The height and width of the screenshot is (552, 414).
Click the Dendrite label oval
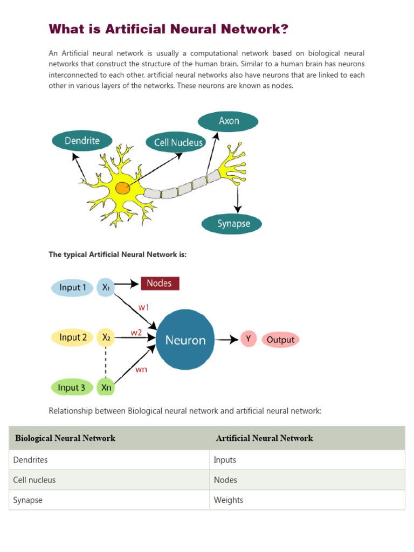[x=82, y=141]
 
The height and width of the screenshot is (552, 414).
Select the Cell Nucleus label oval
[x=175, y=142]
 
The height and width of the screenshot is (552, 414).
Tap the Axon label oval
[x=228, y=121]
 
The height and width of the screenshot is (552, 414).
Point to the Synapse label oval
[x=232, y=223]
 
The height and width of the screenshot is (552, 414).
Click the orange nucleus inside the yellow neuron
[x=122, y=189]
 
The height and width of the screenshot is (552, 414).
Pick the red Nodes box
[x=160, y=284]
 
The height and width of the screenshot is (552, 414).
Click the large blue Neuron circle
[x=185, y=340]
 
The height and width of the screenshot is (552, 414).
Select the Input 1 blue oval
[x=72, y=288]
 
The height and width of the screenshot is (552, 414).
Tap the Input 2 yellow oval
[x=73, y=337]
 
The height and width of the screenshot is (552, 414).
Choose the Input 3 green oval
[x=72, y=388]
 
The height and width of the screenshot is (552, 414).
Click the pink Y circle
[x=249, y=339]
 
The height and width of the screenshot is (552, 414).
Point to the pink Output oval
[x=280, y=340]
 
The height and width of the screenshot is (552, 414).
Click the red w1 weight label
[x=143, y=307]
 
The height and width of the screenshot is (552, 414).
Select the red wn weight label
[x=141, y=370]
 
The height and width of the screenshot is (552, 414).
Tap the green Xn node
[x=106, y=388]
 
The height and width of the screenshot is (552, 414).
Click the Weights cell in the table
[x=229, y=500]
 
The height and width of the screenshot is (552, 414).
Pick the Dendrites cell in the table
[x=31, y=460]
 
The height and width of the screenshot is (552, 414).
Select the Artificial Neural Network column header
[x=264, y=438]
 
